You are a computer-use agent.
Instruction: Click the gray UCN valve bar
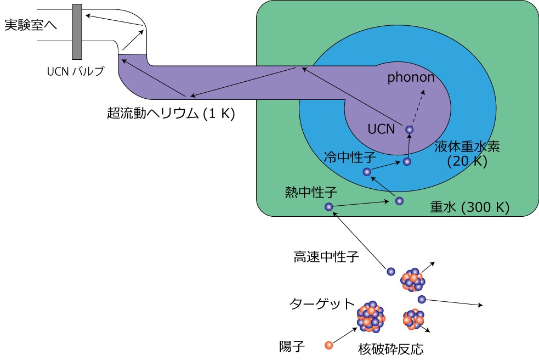(x=77, y=32)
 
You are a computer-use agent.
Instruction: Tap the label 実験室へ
(x=31, y=25)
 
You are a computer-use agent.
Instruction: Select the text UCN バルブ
(x=75, y=71)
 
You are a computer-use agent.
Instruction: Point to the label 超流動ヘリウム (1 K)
(x=171, y=113)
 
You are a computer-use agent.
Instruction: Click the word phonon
(x=411, y=77)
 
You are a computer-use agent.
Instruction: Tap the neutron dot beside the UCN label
(x=409, y=130)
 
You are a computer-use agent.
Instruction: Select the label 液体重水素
(x=467, y=147)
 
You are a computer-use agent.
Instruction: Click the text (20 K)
(x=467, y=161)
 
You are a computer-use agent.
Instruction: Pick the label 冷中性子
(x=350, y=157)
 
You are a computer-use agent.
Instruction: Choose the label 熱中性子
(x=311, y=192)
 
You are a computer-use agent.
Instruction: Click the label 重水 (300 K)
(x=469, y=207)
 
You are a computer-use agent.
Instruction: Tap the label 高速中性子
(x=326, y=257)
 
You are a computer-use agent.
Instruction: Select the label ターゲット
(x=322, y=303)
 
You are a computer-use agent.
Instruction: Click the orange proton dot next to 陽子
(x=328, y=345)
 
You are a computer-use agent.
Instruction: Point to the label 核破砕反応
(x=391, y=349)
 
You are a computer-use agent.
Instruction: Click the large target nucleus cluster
(x=371, y=317)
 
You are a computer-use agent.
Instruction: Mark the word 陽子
(x=292, y=346)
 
